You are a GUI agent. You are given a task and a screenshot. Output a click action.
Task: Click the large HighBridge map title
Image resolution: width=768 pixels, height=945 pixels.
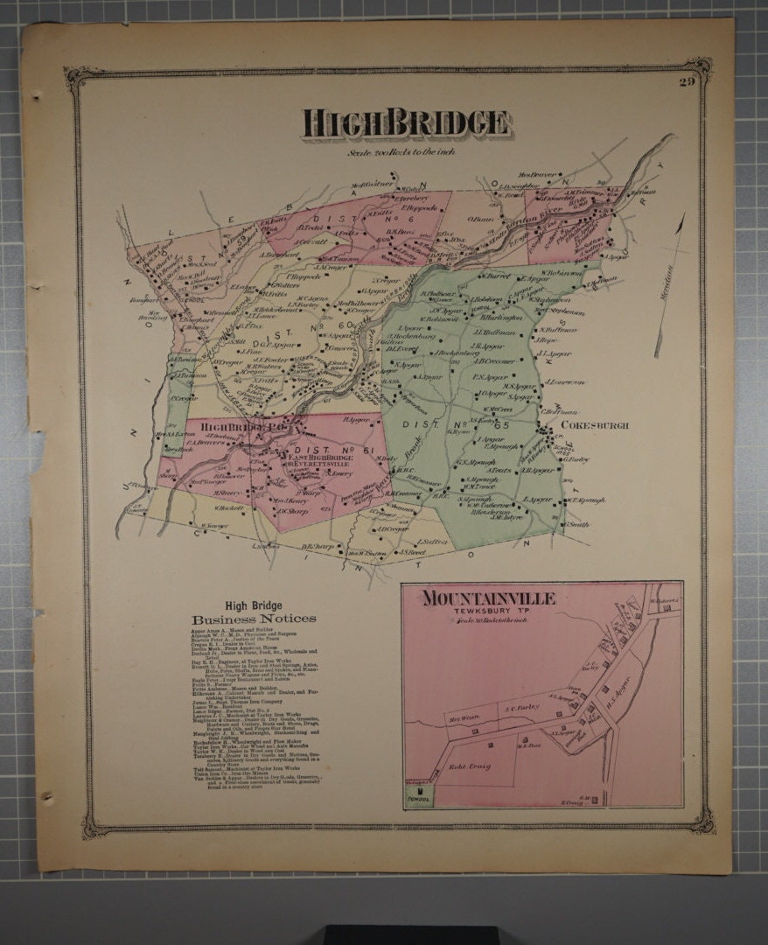pyautogui.click(x=407, y=123)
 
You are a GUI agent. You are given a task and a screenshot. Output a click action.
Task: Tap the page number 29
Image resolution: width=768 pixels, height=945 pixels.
pyautogui.click(x=687, y=82)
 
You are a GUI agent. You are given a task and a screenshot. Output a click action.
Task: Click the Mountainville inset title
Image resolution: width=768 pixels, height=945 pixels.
pyautogui.click(x=489, y=598)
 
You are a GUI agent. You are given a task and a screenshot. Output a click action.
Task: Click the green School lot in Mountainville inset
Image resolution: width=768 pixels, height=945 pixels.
pyautogui.click(x=419, y=794)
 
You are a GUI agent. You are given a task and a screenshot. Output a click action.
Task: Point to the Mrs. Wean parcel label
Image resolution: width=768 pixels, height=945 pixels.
pyautogui.click(x=461, y=722)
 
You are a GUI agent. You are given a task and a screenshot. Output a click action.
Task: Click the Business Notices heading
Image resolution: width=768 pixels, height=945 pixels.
pyautogui.click(x=254, y=619)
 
